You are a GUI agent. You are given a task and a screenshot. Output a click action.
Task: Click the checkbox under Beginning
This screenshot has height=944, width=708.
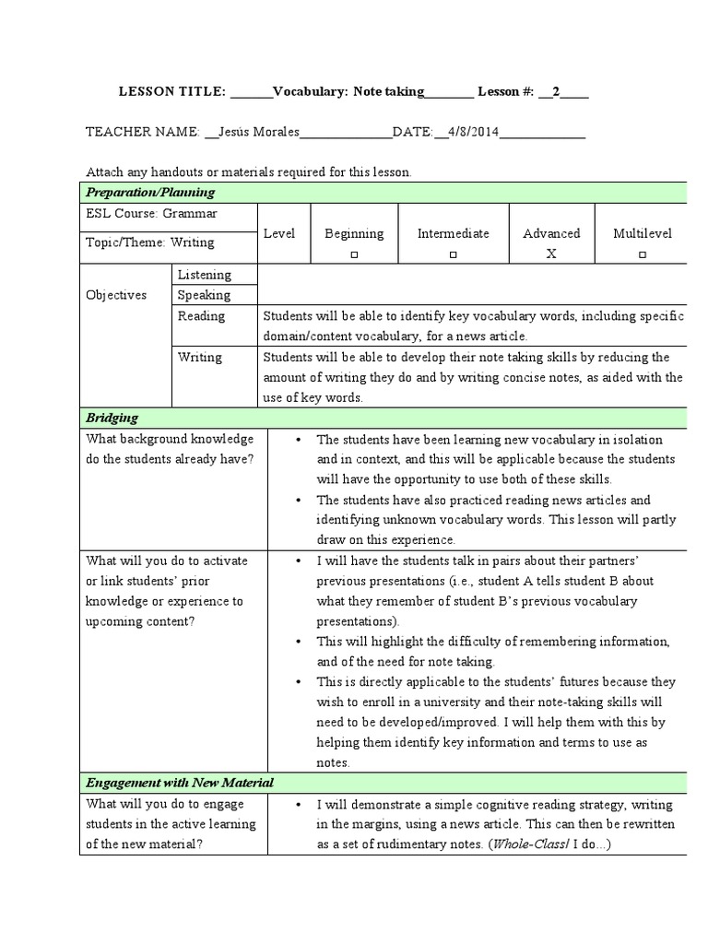[x=354, y=254]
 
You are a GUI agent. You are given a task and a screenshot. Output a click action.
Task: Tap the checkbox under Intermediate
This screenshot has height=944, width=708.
[x=453, y=254]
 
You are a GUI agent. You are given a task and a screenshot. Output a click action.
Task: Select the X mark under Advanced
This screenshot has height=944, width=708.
[x=551, y=254]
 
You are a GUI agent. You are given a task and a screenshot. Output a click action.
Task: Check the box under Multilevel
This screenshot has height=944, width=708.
[x=643, y=254]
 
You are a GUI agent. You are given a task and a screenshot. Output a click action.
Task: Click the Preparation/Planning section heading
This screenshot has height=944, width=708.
[x=150, y=192]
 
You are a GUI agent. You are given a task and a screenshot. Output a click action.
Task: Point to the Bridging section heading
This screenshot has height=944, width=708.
[x=112, y=418]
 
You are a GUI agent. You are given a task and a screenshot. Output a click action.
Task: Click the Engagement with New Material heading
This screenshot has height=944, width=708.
[x=180, y=783]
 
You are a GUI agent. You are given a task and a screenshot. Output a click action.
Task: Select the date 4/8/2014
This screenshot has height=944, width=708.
[x=472, y=132]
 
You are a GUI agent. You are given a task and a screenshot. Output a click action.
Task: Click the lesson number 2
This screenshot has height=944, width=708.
[x=556, y=91]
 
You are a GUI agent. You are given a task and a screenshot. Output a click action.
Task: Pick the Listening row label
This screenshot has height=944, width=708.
[x=204, y=275]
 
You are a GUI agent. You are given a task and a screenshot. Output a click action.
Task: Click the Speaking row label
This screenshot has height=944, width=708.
[x=204, y=295]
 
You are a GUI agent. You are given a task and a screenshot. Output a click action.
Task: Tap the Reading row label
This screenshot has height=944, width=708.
[x=201, y=316]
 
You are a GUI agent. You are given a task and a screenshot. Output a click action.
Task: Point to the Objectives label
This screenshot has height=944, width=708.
[x=116, y=295]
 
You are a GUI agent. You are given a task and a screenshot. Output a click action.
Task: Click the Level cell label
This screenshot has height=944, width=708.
[x=279, y=233]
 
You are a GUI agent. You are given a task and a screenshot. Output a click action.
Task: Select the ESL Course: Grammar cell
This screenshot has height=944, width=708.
[x=151, y=213]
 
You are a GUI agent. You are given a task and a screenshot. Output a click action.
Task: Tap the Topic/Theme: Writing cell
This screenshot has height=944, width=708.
[x=149, y=242]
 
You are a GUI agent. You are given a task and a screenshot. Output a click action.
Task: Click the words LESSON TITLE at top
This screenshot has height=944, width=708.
[x=172, y=91]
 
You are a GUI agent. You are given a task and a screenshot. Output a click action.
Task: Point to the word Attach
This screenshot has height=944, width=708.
[x=104, y=171]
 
